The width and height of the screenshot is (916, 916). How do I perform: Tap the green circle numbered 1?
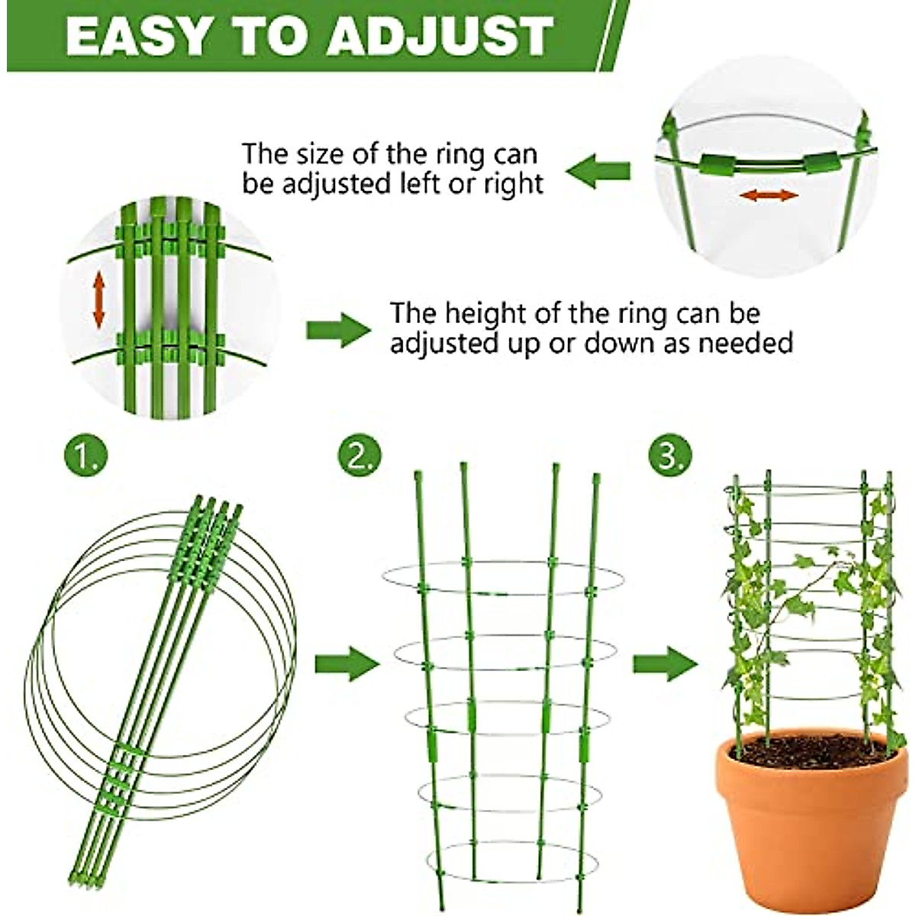click(85, 456)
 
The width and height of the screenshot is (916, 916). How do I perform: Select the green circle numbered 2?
click(359, 456)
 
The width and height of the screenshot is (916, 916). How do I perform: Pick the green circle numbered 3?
click(670, 456)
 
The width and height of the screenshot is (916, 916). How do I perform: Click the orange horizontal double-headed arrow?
click(769, 195)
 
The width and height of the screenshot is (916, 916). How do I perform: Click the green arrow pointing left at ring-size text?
click(602, 169)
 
